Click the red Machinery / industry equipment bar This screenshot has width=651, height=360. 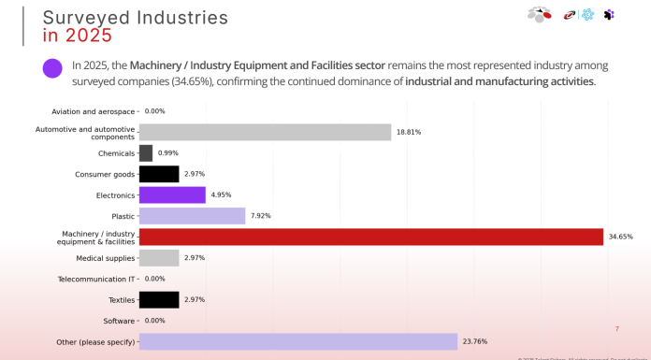click(370, 237)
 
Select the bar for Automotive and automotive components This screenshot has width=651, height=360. click(265, 132)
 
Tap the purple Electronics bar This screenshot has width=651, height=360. click(172, 194)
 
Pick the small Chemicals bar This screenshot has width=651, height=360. click(146, 153)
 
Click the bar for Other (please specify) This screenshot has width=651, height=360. click(297, 341)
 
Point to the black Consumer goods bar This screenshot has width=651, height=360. click(159, 174)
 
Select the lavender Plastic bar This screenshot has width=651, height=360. click(192, 216)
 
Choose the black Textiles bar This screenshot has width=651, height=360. click(159, 299)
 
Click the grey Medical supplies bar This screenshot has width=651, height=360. click(159, 257)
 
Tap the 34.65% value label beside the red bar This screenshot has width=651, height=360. click(620, 238)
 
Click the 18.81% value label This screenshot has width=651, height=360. click(409, 133)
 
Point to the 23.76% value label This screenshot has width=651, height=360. click(474, 342)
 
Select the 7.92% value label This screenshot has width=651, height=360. click(261, 216)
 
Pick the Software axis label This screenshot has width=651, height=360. click(119, 321)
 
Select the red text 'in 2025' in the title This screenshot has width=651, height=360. click(78, 36)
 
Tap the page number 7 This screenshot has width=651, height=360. click(616, 328)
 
